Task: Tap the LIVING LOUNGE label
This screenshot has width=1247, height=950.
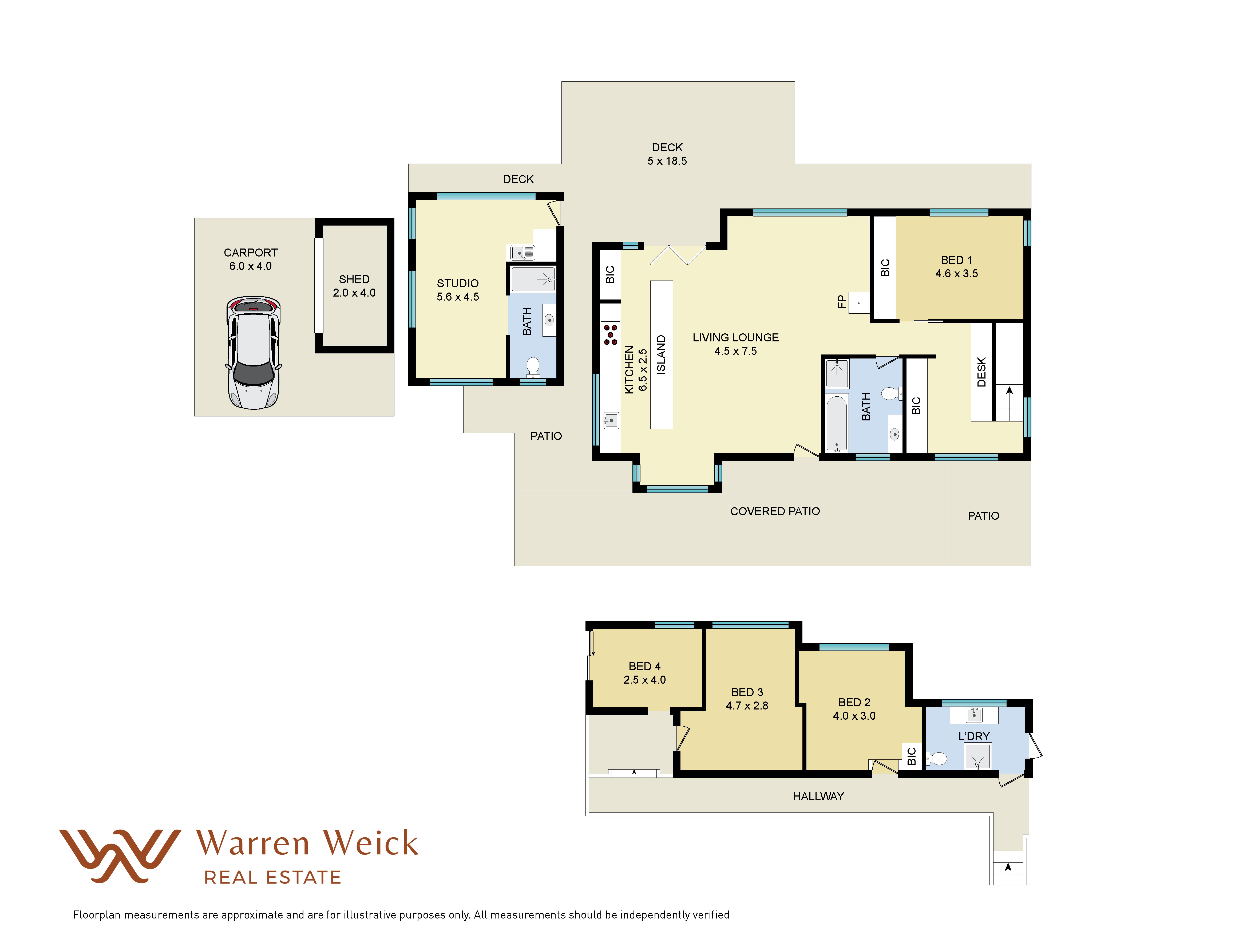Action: point(735,338)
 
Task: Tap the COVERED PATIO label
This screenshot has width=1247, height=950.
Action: point(775,511)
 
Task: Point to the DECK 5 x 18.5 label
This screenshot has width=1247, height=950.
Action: point(667,154)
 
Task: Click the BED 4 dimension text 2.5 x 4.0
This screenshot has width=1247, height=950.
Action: point(644,680)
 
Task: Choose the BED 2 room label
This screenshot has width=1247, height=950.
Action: point(854,702)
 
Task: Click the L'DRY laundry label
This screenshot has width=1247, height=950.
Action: point(974,736)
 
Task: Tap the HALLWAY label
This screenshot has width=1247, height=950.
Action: point(818,796)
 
